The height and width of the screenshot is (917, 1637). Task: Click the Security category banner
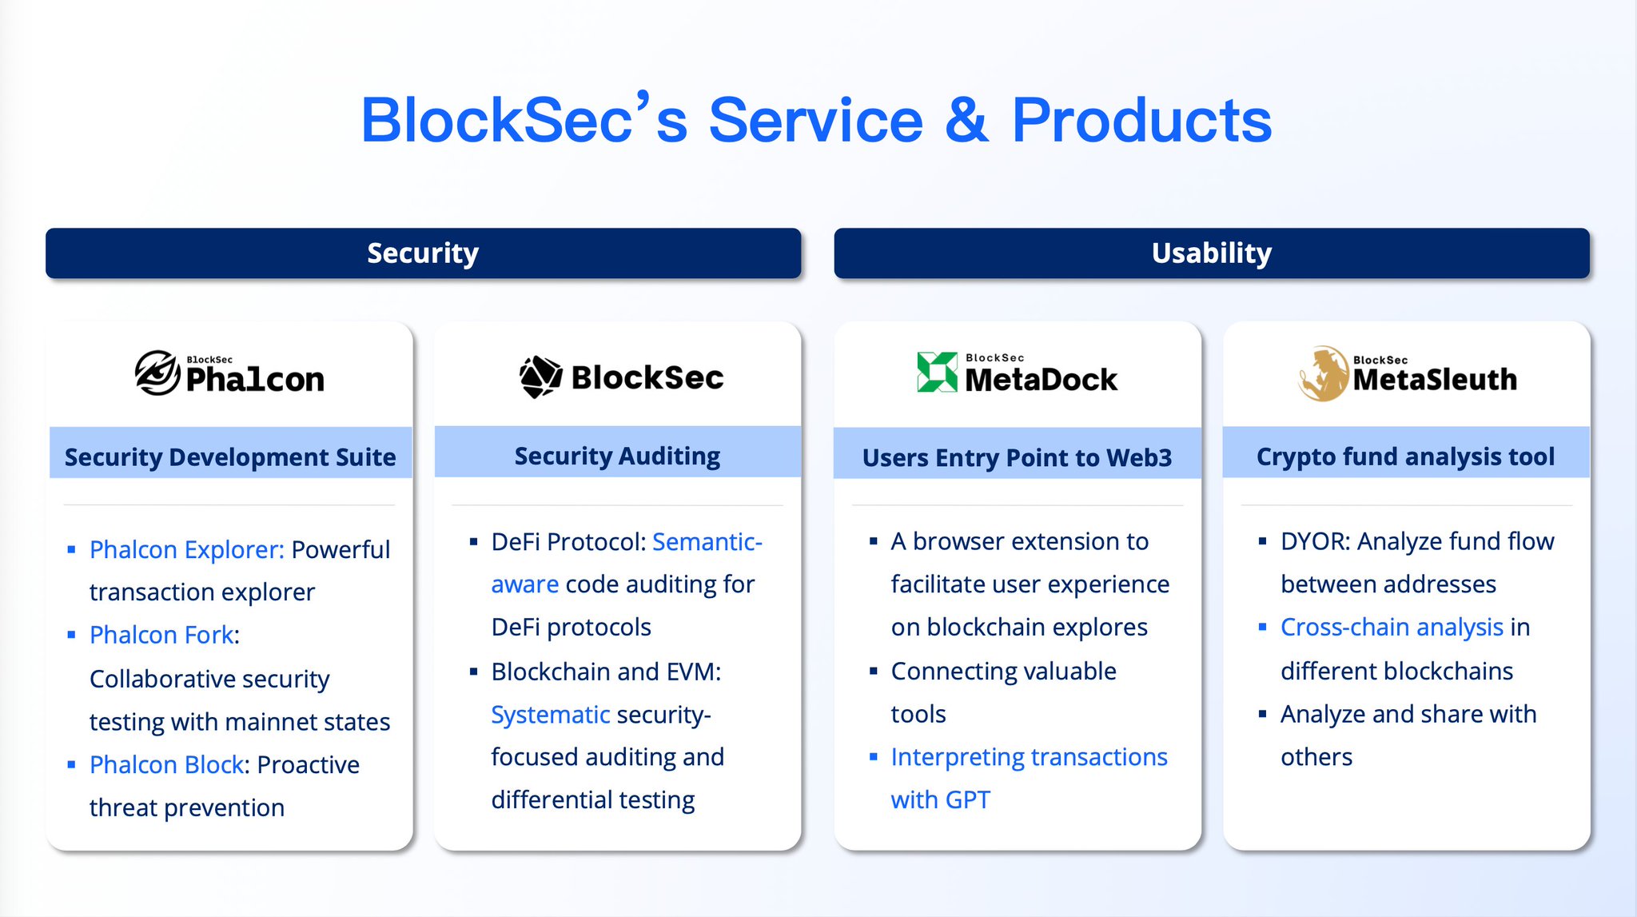(423, 253)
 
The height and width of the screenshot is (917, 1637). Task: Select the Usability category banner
(1211, 253)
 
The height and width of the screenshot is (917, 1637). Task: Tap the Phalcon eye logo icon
(157, 373)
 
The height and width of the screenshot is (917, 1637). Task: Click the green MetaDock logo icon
(937, 372)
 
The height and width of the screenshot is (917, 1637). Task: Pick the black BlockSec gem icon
(541, 377)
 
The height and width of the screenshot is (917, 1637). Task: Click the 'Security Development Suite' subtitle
(230, 457)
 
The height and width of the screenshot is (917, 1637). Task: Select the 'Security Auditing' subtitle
(617, 456)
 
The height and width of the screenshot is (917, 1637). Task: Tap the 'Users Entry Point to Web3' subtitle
(1017, 457)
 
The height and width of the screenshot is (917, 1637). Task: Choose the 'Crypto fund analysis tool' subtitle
(1405, 457)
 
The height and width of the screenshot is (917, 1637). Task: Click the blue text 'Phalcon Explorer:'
(186, 549)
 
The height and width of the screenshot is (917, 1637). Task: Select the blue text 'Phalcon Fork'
(161, 635)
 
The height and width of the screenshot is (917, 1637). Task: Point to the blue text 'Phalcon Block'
(166, 764)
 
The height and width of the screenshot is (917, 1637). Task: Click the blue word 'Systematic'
(551, 714)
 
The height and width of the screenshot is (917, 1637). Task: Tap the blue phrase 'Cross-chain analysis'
(1392, 628)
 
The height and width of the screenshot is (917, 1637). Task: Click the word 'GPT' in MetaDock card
(968, 799)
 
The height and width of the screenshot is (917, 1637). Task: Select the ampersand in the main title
(966, 120)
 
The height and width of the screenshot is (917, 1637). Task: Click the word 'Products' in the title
(1141, 120)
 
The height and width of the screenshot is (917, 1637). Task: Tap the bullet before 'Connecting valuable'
(874, 671)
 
